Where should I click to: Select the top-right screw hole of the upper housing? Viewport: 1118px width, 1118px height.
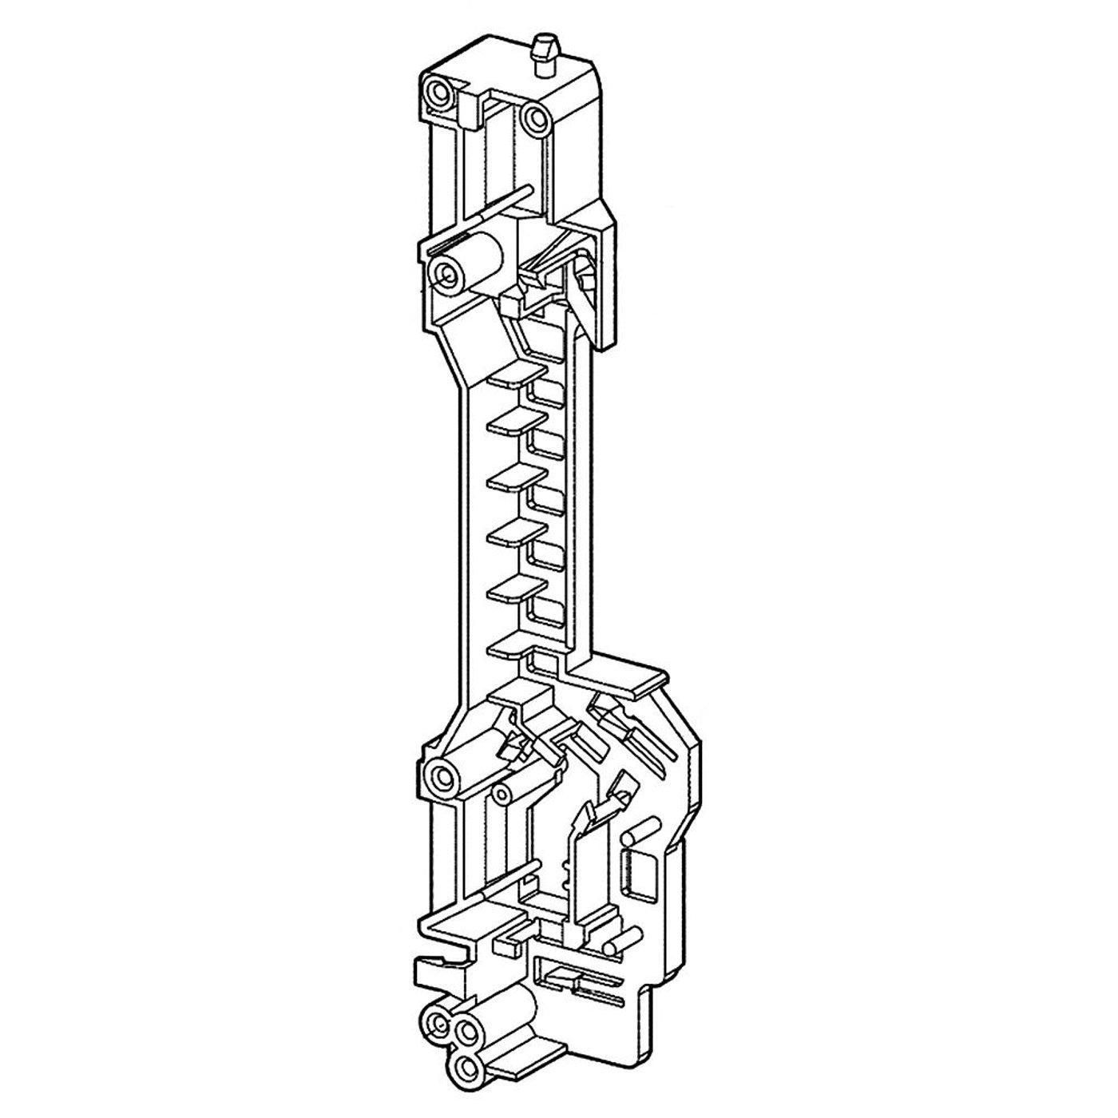coord(532,119)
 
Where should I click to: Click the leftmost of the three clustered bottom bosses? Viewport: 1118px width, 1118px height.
coord(437,1021)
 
